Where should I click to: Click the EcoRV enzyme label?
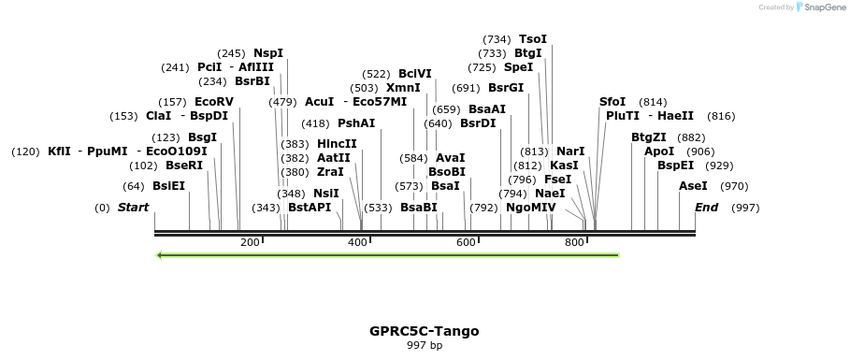[214, 102]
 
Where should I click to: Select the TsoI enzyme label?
[532, 39]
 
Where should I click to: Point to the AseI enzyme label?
[693, 186]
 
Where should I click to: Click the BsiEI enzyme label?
[169, 186]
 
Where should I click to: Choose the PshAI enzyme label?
[356, 123]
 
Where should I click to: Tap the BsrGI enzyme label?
[506, 88]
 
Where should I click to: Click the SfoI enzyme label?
[612, 102]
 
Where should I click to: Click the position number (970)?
[735, 186]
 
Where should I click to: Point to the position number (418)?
[315, 123]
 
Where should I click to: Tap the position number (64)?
[134, 186]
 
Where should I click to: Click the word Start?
[133, 208]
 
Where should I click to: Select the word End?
[706, 208]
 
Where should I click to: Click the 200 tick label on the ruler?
[250, 243]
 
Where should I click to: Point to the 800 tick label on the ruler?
[574, 243]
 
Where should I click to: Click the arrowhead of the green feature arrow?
[161, 254]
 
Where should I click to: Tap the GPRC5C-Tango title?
[425, 331]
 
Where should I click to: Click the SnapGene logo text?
[823, 7]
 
